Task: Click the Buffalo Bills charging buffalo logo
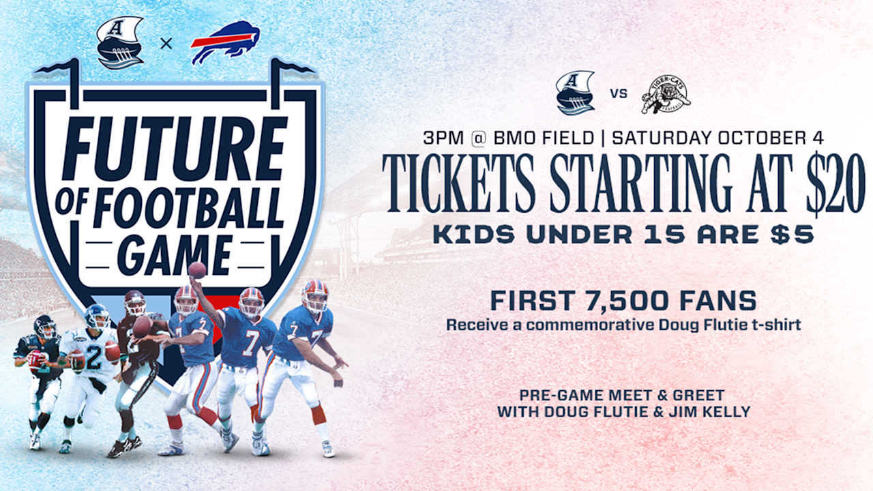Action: coord(224,42)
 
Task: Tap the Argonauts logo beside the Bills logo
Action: coord(120,42)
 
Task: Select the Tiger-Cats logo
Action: coord(665,95)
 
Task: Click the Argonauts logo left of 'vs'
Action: coord(575,93)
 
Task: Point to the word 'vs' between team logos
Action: coord(618,93)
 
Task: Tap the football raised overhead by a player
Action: coord(197,270)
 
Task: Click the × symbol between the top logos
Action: coord(166,44)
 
